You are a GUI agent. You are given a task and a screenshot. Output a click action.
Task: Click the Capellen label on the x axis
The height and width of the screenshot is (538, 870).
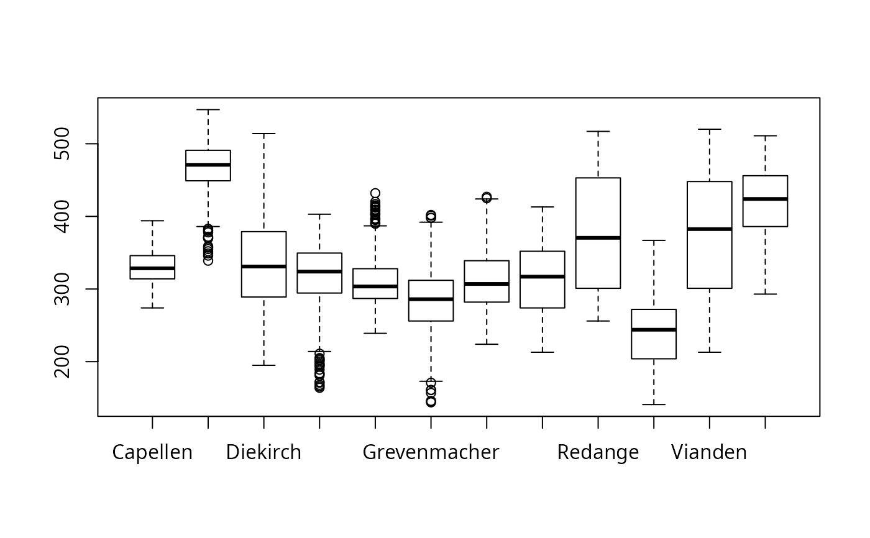[152, 452]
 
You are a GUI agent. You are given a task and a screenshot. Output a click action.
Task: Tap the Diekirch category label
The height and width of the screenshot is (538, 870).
[263, 452]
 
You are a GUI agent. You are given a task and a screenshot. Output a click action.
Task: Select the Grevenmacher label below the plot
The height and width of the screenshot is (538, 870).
[431, 452]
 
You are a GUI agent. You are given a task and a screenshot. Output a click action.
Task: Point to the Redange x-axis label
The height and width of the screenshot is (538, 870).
[598, 452]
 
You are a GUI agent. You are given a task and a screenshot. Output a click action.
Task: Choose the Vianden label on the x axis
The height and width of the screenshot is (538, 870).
[709, 452]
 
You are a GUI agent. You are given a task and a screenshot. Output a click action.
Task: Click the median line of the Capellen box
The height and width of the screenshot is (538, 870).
[152, 268]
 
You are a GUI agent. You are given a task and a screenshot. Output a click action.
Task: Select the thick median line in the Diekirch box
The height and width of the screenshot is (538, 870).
[263, 267]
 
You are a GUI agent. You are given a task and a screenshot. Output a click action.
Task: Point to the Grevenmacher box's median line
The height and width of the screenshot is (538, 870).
[431, 299]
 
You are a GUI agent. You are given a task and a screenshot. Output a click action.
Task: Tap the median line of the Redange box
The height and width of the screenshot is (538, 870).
[598, 238]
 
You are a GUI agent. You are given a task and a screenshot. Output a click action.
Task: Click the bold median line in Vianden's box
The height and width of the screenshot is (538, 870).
[709, 229]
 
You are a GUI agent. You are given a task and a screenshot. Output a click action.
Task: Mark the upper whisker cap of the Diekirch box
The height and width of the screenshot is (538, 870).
[263, 134]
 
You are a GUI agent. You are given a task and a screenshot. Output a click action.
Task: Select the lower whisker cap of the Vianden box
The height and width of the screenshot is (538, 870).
[709, 352]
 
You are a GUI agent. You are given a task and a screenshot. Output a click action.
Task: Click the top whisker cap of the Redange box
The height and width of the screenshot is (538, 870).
[598, 132]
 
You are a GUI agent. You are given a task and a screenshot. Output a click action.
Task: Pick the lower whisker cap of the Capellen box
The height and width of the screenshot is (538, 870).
[152, 308]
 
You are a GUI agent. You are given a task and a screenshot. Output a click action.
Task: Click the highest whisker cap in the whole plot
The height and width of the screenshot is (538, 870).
[208, 110]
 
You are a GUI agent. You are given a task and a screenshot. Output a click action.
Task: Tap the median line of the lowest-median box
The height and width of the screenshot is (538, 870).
[654, 330]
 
